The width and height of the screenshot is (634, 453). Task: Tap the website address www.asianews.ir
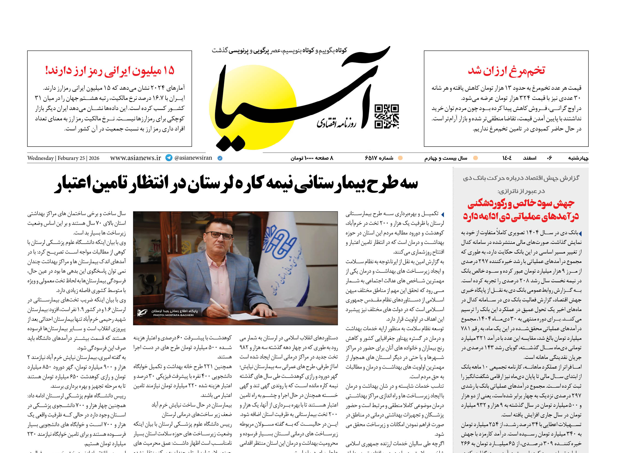135,158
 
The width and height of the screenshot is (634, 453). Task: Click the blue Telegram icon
169,158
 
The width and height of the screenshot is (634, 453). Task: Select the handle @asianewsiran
193,158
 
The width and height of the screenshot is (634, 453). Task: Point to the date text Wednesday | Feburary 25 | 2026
63,158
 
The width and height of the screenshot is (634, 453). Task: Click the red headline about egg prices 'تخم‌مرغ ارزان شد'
506,71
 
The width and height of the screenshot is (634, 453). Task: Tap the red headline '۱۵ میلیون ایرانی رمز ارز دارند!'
110,71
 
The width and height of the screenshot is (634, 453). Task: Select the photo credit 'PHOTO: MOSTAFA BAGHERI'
173,315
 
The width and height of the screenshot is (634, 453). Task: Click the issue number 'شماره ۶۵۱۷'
379,158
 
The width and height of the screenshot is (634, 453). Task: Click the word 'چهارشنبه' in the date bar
578,158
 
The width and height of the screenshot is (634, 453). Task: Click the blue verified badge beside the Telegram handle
220,158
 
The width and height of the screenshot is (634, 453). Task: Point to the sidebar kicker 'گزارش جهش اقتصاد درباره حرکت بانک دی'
521,178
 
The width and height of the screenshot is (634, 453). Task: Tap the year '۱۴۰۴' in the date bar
507,158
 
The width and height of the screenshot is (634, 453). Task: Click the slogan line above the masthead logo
279,50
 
